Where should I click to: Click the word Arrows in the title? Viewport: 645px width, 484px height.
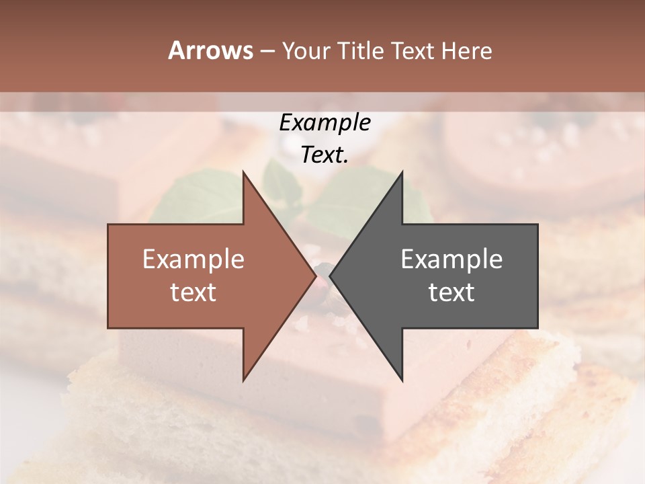coord(210,50)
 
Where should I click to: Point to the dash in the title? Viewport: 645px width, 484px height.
coord(267,51)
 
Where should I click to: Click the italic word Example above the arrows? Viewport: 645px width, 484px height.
coord(325,123)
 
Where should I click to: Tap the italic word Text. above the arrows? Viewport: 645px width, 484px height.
coord(325,155)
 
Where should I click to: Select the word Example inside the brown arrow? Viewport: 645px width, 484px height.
coord(193,259)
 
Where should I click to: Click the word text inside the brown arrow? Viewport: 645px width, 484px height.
coord(193,292)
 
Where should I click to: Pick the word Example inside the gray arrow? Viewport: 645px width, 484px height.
coord(451,259)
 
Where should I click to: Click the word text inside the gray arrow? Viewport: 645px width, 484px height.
coord(451,292)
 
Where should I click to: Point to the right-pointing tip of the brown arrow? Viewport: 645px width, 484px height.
coord(315,276)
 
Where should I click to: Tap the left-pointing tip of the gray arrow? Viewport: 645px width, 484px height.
coord(331,276)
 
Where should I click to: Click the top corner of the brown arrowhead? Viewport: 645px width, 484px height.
coord(243,172)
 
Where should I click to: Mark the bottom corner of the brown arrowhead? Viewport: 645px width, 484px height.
coord(243,380)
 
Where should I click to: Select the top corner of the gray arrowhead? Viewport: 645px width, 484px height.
coord(402,172)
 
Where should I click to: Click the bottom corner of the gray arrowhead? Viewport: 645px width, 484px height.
coord(402,380)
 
